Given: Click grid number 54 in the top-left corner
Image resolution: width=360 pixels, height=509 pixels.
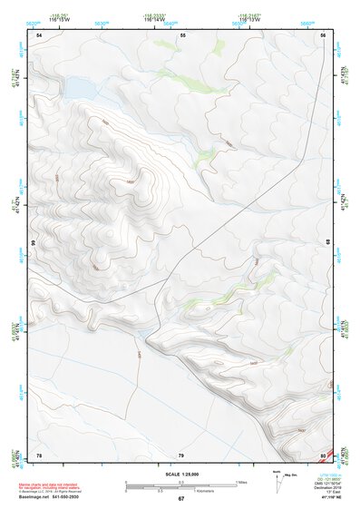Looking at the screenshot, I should click(39, 34).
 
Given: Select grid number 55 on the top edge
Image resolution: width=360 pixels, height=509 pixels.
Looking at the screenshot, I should click(182, 34).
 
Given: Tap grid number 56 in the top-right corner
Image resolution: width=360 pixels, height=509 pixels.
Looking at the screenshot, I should click(323, 34).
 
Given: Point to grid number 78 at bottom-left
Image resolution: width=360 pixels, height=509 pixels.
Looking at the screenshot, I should click(39, 455).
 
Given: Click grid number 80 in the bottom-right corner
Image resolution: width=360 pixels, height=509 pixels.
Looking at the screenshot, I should click(323, 455).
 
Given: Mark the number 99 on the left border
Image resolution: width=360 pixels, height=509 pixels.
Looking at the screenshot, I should click(33, 243).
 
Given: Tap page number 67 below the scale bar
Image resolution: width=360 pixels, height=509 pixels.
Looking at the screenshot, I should click(180, 498).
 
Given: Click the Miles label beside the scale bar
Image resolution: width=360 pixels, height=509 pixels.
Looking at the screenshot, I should click(241, 481).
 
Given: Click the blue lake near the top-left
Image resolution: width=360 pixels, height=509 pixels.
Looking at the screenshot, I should click(78, 87).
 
